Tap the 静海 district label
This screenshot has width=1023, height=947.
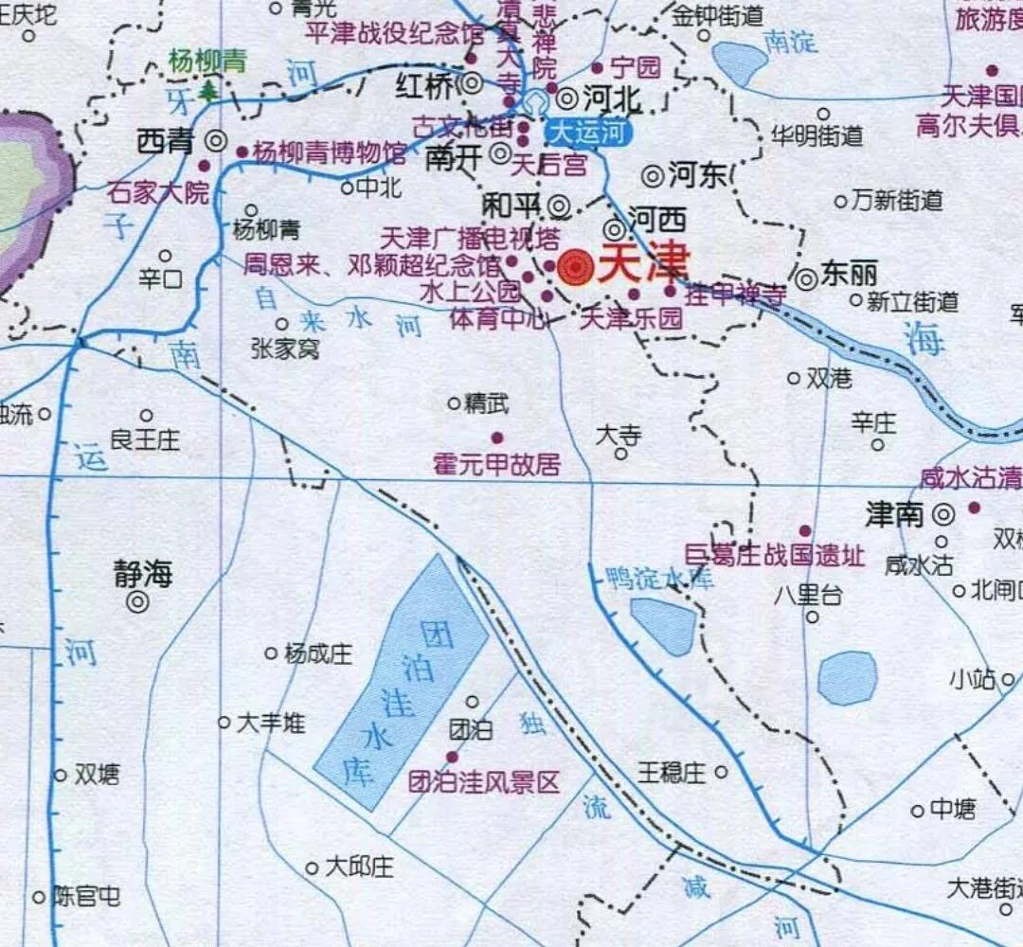click(x=145, y=574)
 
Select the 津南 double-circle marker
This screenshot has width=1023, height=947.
click(x=942, y=514)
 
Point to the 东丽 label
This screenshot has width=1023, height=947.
click(x=849, y=275)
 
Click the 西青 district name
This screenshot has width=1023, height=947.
click(x=165, y=142)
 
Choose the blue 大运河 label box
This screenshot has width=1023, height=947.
click(x=587, y=132)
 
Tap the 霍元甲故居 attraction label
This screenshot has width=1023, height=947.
click(x=496, y=464)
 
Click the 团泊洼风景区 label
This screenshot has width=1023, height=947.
click(x=483, y=782)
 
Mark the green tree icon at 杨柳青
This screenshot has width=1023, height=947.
click(x=207, y=90)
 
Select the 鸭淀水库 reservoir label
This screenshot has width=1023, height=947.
click(x=659, y=578)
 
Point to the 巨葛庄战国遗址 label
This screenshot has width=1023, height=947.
click(x=775, y=556)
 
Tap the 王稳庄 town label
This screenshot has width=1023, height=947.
click(x=672, y=773)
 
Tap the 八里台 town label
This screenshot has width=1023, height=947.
click(x=807, y=596)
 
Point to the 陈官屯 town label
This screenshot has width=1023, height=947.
click(x=86, y=896)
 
